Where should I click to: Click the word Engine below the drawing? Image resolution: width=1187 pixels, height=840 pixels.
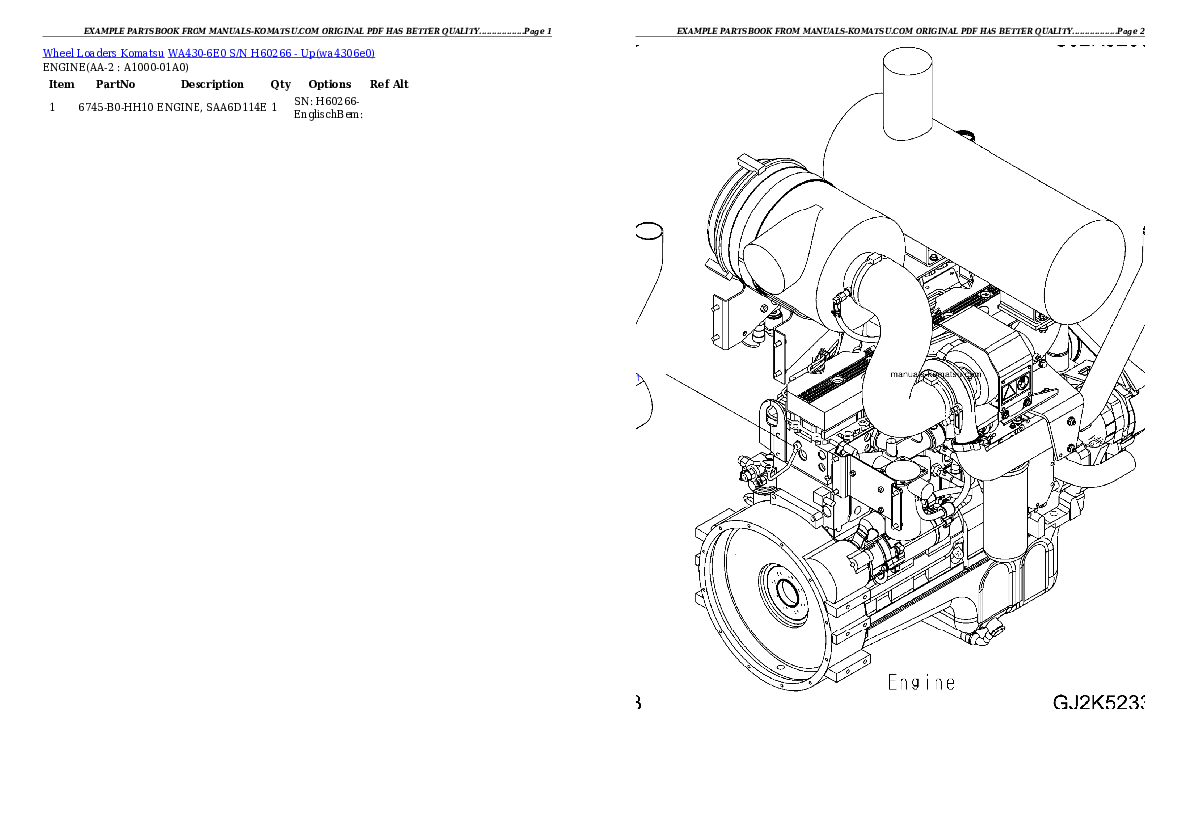tap(921, 683)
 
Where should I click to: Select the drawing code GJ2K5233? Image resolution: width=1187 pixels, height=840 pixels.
tap(1098, 702)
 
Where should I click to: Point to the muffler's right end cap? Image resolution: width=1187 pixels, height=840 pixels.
tap(1082, 274)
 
